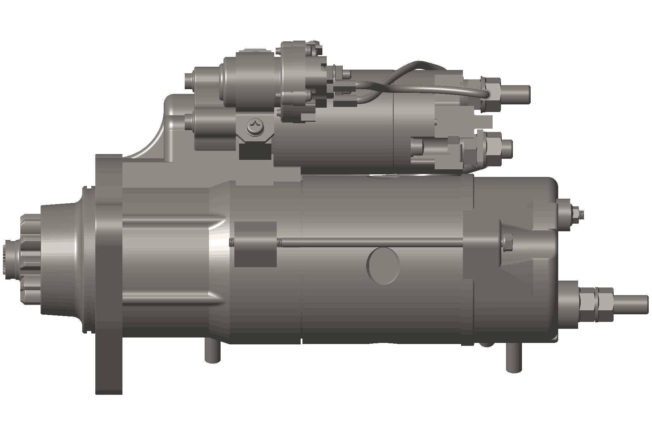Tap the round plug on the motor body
click(x=383, y=266)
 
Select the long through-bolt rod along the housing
click(x=369, y=242)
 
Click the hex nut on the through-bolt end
click(x=507, y=242)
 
